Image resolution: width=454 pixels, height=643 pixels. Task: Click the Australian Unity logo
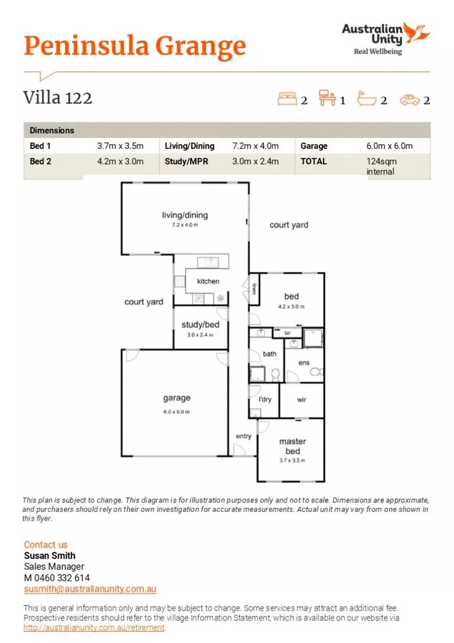(x=386, y=38)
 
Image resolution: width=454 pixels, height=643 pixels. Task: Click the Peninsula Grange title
(x=134, y=46)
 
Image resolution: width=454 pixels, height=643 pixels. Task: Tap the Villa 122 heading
(x=58, y=97)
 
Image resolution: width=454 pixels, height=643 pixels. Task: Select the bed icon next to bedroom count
(x=287, y=99)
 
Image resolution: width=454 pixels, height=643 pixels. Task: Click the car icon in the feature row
(x=409, y=99)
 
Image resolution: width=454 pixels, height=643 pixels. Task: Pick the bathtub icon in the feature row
(x=367, y=99)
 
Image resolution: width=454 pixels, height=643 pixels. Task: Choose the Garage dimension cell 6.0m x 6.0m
(x=389, y=146)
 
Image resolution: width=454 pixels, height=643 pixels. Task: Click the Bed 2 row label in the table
(x=40, y=161)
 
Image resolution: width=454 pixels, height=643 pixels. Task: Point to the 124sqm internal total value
(x=381, y=166)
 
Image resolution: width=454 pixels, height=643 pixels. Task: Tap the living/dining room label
(x=185, y=215)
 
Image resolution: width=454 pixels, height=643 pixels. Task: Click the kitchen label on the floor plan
(x=208, y=281)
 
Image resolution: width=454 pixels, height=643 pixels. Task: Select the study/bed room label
(x=201, y=325)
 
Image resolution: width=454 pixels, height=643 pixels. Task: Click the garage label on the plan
(x=177, y=398)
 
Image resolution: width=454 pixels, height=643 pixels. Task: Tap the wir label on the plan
(x=302, y=399)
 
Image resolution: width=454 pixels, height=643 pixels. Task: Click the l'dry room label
(x=265, y=399)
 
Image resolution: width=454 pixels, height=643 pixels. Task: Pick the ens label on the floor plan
(x=303, y=362)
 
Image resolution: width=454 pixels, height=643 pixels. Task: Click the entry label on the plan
(x=243, y=436)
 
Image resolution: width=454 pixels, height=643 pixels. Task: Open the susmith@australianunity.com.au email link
(x=90, y=589)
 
